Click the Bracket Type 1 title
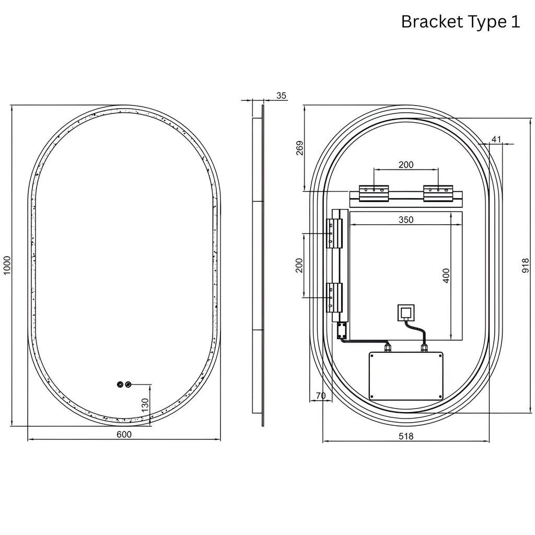(x=460, y=22)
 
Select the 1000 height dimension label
(x=7, y=265)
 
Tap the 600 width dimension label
(x=124, y=434)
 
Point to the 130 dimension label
(x=145, y=405)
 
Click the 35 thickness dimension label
(x=281, y=96)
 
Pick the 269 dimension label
(x=299, y=148)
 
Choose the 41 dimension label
(x=496, y=139)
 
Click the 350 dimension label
(x=406, y=220)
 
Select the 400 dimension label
(x=446, y=276)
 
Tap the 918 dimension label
(x=526, y=265)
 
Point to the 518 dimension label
(x=406, y=436)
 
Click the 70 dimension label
(x=320, y=396)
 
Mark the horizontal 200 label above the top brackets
(x=406, y=165)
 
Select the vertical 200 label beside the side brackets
(x=299, y=265)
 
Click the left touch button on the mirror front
(x=120, y=385)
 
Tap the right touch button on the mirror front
(x=128, y=385)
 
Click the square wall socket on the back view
(x=406, y=312)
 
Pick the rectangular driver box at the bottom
(x=406, y=376)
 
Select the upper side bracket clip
(x=334, y=234)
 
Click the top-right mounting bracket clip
(x=438, y=193)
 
